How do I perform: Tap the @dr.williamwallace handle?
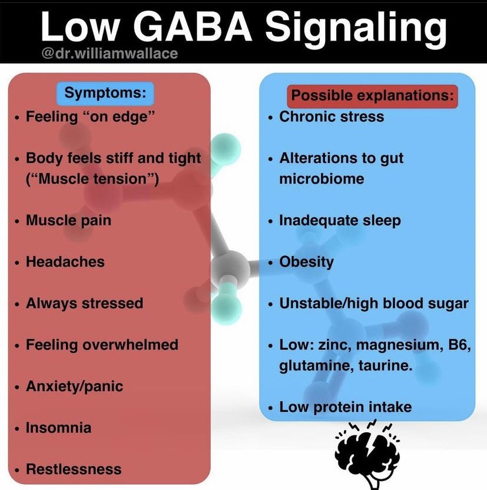pos(110,54)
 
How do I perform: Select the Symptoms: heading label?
pos(105,92)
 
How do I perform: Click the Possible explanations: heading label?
pos(373,95)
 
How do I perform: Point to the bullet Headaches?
pos(65,262)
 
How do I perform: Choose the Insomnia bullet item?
pos(58,428)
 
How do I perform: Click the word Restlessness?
pos(74,469)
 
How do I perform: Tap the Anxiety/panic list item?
pos(75,386)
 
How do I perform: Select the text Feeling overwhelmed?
pos(101,345)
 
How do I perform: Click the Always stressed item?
pos(84,304)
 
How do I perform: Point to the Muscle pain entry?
pos(68,221)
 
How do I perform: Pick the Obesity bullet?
pos(306,262)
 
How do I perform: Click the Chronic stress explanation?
pos(331,116)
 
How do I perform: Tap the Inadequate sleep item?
pos(340,221)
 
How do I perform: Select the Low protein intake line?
pos(345,406)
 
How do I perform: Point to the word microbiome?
pos(322,178)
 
